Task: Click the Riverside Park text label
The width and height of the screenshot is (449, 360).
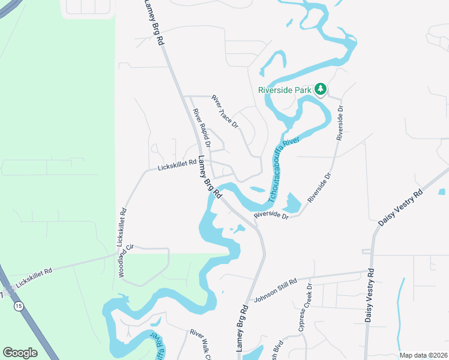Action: pos(285,90)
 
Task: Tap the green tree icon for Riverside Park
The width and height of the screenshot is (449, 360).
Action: pos(321,89)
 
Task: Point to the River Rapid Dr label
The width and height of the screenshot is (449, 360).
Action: pos(202,128)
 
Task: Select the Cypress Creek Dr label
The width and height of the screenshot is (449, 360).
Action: pos(306,307)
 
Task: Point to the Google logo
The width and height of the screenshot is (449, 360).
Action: pos(20,353)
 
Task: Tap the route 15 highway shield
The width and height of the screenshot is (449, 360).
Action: pos(19,306)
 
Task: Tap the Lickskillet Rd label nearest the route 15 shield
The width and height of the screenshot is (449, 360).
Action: pos(34,279)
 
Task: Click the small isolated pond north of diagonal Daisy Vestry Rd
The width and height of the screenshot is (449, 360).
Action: pos(442,192)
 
